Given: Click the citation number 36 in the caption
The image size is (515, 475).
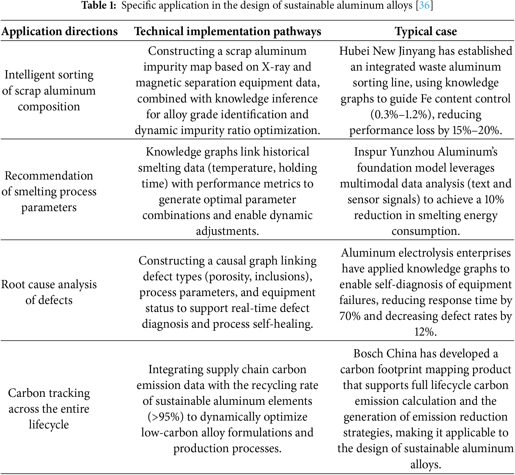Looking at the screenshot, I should coord(424,5).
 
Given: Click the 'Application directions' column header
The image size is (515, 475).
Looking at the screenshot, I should coord(60,31).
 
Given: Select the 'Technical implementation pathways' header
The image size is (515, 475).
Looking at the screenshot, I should coord(227,31).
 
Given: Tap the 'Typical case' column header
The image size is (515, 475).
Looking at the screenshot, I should coord(426,31).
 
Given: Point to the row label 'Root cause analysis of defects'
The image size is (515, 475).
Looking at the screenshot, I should coord(49,292).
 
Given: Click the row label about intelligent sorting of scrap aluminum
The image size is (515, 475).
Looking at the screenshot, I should coord(49,90).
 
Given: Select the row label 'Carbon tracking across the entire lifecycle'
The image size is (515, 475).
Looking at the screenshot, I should coord(49,409).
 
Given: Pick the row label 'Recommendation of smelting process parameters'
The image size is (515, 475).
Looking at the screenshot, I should coord(49,191).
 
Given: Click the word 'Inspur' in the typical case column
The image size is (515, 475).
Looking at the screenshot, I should coord(370,152).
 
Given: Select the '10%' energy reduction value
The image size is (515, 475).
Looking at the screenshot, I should coord(494,200).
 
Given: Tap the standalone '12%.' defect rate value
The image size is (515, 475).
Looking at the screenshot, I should coord(425,332).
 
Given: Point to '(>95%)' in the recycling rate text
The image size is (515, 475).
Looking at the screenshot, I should coord(165,417).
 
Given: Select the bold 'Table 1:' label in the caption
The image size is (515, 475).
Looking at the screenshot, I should coord(99,5).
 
